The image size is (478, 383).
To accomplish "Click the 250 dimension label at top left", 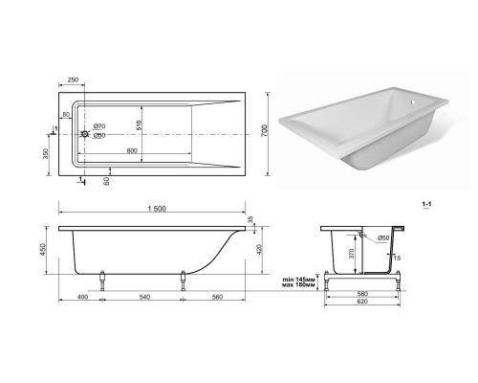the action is tap(73, 79).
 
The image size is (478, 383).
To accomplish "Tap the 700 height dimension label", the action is tap(265, 131).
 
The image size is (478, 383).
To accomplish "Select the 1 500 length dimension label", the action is tap(157, 209).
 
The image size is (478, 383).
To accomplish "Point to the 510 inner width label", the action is tap(139, 125).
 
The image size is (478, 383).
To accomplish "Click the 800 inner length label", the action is tap(132, 150).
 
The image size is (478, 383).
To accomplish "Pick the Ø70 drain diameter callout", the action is tap(99, 126).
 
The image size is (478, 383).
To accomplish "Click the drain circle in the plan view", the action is tap(85, 134).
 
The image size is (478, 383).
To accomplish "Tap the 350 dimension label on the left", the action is tap(46, 154).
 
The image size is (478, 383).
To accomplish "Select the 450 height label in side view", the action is tap(43, 249).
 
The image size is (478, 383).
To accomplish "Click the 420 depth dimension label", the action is tap(259, 249).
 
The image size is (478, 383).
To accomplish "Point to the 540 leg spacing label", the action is tap(144, 297).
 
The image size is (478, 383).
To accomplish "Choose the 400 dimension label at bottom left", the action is tap(82, 297).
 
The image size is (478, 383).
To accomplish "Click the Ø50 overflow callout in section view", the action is tap(383, 237).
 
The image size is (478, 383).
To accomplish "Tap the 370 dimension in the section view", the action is tap(352, 254).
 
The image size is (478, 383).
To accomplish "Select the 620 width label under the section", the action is tap(362, 302).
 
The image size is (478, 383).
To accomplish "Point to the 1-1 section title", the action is tap(426, 204).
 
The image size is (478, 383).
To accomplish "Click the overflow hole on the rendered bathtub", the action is tap(413, 102).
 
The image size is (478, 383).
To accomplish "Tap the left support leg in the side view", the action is tap(102, 281).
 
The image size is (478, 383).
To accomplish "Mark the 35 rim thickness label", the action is tap(250, 219).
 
